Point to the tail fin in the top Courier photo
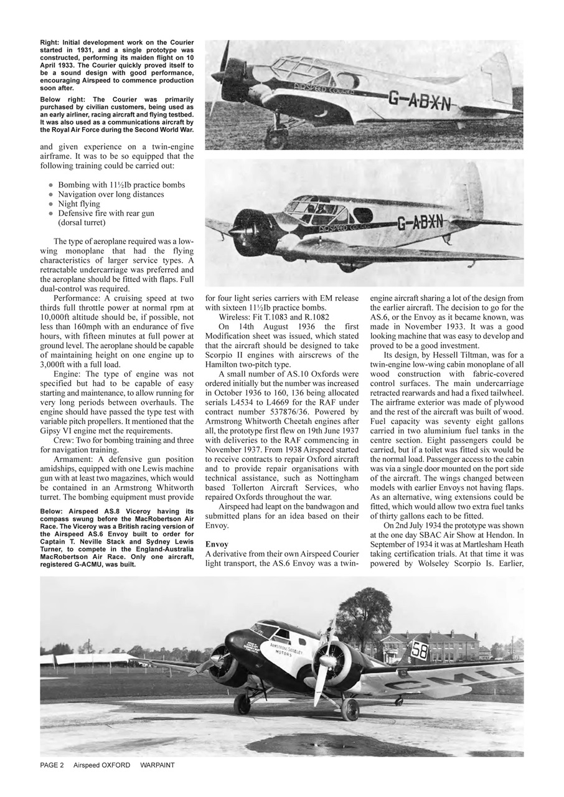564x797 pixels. pyautogui.click(x=496, y=78)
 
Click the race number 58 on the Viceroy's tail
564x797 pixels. pyautogui.click(x=420, y=651)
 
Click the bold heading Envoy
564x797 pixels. pyautogui.click(x=217, y=544)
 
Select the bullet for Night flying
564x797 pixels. pyautogui.click(x=50, y=204)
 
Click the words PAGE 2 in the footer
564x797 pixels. pyautogui.click(x=52, y=765)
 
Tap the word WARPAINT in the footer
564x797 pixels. pyautogui.click(x=157, y=765)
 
